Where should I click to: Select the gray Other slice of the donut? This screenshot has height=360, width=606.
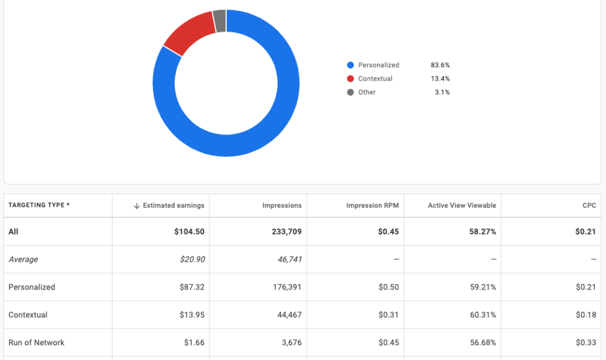click(220, 21)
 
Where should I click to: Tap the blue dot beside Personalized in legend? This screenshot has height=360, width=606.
click(350, 65)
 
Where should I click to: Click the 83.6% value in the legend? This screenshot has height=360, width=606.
click(440, 65)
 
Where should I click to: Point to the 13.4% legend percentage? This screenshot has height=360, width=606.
click(440, 79)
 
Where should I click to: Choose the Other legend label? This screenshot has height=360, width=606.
click(366, 92)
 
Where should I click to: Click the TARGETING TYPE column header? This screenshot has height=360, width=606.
click(39, 205)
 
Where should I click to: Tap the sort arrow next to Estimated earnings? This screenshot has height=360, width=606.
click(137, 205)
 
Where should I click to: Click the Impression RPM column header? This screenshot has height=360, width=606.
click(372, 205)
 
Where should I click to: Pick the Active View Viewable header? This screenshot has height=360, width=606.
click(462, 205)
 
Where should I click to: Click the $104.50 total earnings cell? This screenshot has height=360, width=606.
click(189, 232)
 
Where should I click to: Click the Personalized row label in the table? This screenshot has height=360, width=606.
click(32, 287)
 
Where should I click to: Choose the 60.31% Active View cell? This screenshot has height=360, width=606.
click(483, 315)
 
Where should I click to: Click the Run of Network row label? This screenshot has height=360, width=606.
click(37, 343)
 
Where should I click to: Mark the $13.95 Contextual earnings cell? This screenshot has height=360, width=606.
click(192, 315)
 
